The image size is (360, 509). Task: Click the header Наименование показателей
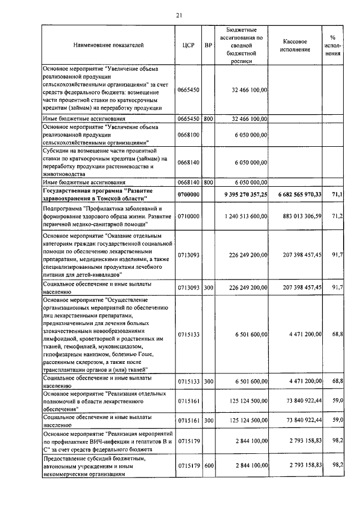(x=108, y=43)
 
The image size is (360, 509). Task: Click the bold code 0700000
(x=188, y=194)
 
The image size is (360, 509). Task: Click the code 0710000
(x=188, y=217)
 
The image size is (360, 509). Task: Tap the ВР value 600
(x=208, y=466)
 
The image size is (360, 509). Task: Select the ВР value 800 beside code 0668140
(x=208, y=182)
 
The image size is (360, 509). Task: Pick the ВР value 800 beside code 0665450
(x=208, y=119)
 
